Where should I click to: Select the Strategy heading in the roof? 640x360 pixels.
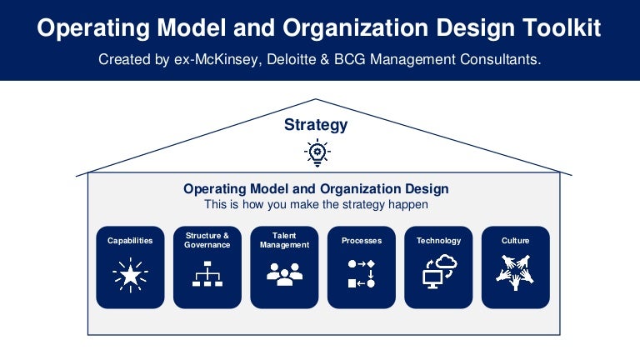pyautogui.click(x=316, y=125)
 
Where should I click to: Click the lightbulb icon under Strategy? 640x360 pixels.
pyautogui.click(x=317, y=152)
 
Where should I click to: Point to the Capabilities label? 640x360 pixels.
pyautogui.click(x=130, y=241)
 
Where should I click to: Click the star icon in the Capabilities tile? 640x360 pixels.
pyautogui.click(x=130, y=275)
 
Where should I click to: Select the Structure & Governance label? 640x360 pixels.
pyautogui.click(x=207, y=240)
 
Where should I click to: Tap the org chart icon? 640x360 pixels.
pyautogui.click(x=207, y=274)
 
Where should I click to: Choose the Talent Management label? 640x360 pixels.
pyautogui.click(x=284, y=240)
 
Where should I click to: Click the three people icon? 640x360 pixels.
pyautogui.click(x=284, y=274)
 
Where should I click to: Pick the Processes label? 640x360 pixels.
pyautogui.click(x=361, y=241)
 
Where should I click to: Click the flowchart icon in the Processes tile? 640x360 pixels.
pyautogui.click(x=361, y=274)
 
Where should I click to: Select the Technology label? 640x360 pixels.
pyautogui.click(x=438, y=241)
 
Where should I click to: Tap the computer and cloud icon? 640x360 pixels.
pyautogui.click(x=438, y=272)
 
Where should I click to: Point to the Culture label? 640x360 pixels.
pyautogui.click(x=515, y=241)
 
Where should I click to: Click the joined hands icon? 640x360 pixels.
pyautogui.click(x=515, y=273)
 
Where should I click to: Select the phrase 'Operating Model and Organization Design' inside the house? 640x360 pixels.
pyautogui.click(x=316, y=189)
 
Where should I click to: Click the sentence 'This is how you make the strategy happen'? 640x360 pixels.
pyautogui.click(x=316, y=204)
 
